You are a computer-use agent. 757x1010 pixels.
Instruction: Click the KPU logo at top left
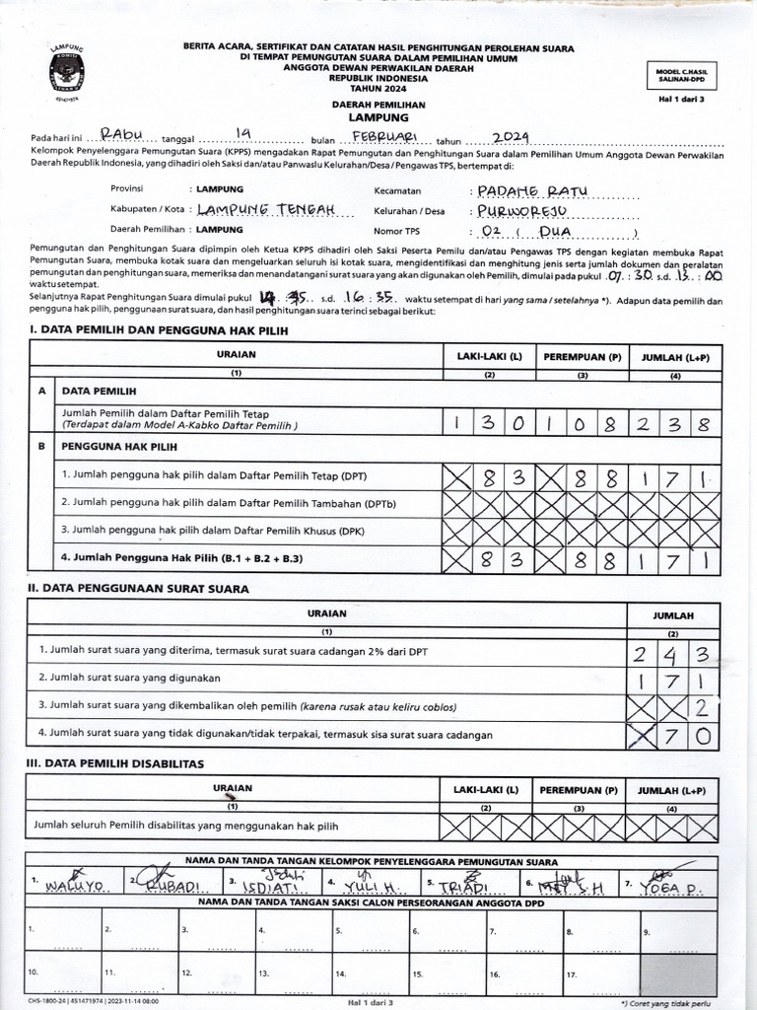tap(67, 72)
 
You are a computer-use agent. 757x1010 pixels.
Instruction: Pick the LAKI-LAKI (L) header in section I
tap(489, 356)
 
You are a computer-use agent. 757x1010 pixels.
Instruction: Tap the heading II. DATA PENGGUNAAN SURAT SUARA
tap(138, 589)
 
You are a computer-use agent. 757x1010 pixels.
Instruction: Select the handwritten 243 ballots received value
tap(674, 653)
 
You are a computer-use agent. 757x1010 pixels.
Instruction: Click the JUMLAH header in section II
tap(673, 615)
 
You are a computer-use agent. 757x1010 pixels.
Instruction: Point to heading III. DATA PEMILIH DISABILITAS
tap(115, 763)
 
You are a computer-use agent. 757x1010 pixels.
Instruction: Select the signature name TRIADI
tap(465, 886)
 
